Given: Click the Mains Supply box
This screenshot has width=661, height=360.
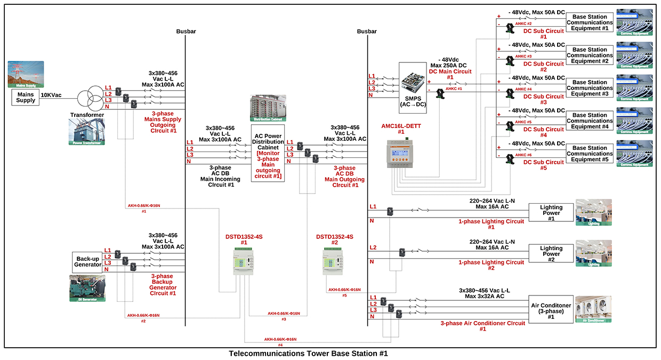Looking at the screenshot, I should (25, 97).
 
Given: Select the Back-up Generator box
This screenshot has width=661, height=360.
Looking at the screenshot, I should (87, 261).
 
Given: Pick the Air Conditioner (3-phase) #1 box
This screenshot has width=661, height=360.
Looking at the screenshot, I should (551, 308).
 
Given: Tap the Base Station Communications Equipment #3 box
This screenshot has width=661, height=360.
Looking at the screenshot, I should (590, 89).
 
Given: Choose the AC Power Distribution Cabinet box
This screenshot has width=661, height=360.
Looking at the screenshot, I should (268, 154).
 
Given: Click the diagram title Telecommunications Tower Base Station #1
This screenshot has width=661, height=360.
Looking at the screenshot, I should (312, 354).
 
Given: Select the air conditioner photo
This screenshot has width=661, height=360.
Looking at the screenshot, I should (593, 309).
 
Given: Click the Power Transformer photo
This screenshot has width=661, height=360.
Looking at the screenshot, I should (87, 131).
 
